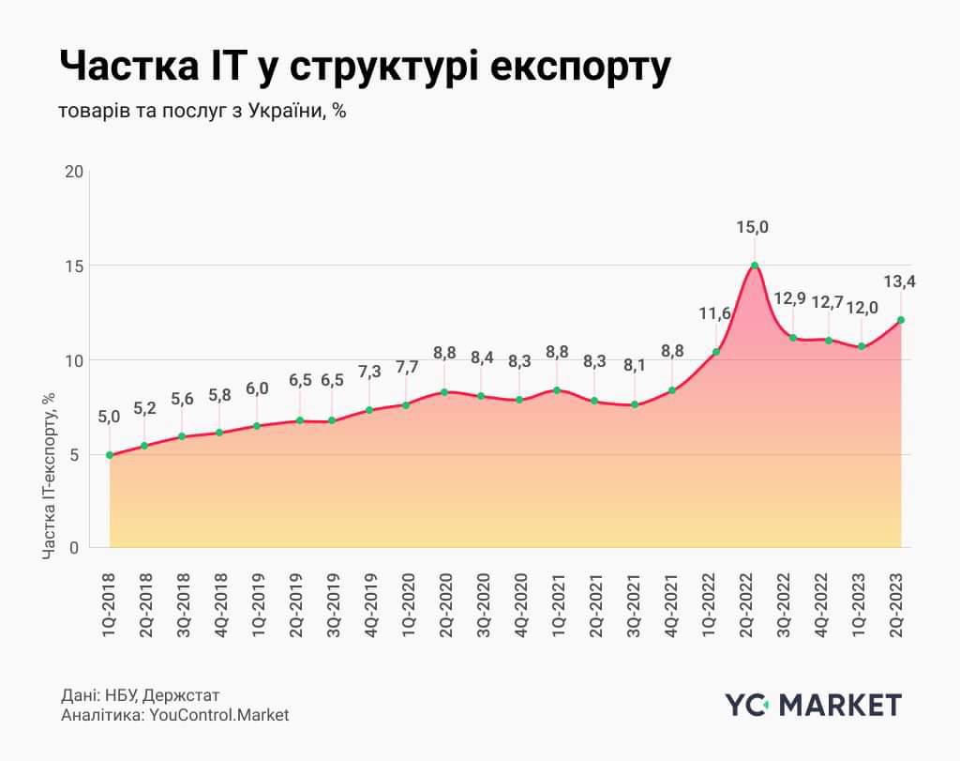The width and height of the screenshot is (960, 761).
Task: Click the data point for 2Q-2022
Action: (754, 266)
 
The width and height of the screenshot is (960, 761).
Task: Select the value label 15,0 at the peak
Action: (754, 227)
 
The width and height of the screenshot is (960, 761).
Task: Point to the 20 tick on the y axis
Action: (73, 172)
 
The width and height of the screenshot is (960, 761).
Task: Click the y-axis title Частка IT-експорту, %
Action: (50, 477)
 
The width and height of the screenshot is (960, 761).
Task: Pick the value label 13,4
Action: (902, 281)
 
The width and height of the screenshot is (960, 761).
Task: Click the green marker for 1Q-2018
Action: (110, 455)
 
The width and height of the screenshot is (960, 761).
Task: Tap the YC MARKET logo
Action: (813, 705)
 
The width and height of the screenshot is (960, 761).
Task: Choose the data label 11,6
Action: (714, 313)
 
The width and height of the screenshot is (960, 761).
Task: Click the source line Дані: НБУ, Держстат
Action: (140, 695)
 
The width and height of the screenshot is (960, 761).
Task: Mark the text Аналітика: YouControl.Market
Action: (174, 715)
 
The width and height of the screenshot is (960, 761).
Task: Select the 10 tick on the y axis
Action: (73, 360)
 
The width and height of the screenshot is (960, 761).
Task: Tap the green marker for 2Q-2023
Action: (902, 320)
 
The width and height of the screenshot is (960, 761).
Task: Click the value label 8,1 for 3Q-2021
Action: (635, 366)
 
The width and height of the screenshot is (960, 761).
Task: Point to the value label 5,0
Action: (110, 416)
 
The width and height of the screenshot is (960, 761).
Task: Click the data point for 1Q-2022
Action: (714, 352)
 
